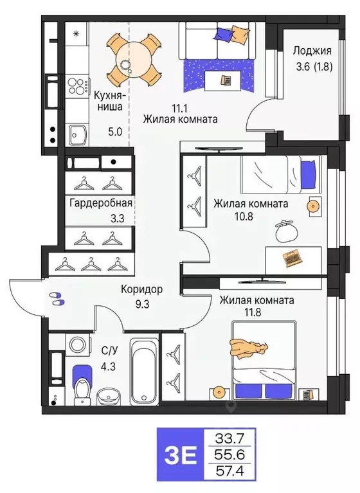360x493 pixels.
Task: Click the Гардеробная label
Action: tap(100, 203)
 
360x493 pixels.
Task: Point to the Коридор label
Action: tap(141, 289)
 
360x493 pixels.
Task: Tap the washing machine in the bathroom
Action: tap(78, 345)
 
